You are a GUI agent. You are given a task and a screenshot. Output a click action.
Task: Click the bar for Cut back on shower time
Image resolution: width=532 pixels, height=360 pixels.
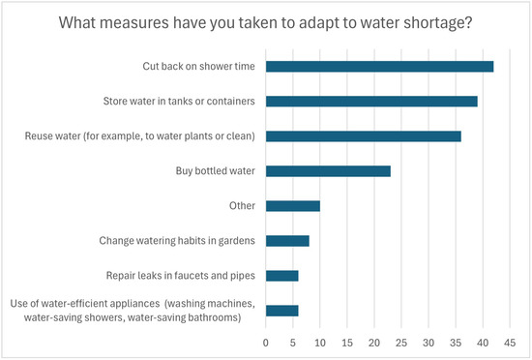click(x=380, y=67)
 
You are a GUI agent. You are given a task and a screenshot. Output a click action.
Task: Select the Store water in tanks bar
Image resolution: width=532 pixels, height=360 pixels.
click(x=371, y=102)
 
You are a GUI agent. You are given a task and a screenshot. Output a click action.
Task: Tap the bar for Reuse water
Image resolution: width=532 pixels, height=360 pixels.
click(x=364, y=136)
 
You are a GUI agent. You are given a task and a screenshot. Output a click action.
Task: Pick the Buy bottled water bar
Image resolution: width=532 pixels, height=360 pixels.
click(x=328, y=171)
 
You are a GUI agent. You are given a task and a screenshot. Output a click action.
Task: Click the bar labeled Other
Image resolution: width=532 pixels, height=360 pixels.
click(x=293, y=206)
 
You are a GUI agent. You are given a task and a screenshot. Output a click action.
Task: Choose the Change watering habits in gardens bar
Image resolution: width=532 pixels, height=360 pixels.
click(x=287, y=241)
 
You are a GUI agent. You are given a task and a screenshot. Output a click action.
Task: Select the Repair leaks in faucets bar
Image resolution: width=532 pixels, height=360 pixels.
click(x=281, y=276)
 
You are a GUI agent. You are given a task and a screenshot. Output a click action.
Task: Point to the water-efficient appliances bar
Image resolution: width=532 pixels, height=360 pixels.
click(x=281, y=311)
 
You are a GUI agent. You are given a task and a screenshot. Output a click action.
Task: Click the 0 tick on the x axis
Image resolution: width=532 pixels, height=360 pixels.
click(x=266, y=343)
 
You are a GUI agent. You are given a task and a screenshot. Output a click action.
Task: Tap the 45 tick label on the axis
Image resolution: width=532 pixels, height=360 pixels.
click(x=510, y=343)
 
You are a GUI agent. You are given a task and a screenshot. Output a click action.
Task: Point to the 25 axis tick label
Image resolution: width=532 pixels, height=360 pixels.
click(x=401, y=343)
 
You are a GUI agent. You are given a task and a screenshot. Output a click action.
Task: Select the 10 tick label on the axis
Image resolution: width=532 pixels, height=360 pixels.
click(x=320, y=343)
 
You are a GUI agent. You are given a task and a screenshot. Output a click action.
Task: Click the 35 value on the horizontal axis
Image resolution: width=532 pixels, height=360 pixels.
click(x=456, y=343)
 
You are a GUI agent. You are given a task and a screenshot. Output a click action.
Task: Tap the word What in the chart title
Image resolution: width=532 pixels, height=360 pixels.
click(x=77, y=22)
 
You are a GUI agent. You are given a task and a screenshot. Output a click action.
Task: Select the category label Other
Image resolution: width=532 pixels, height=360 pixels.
click(x=242, y=205)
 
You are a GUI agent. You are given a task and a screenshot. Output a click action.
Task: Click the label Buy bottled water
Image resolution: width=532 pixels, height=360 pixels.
click(x=215, y=170)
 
